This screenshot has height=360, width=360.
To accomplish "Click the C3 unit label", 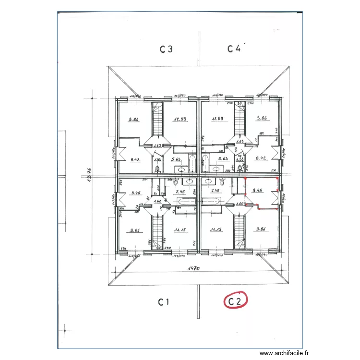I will point(166,48).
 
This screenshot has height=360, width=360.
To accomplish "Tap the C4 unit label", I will point(234,48).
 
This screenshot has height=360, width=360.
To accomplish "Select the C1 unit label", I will point(164,302).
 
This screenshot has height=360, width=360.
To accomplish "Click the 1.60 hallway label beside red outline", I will point(240,203).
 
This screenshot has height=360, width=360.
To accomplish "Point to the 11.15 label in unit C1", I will point(180,230).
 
